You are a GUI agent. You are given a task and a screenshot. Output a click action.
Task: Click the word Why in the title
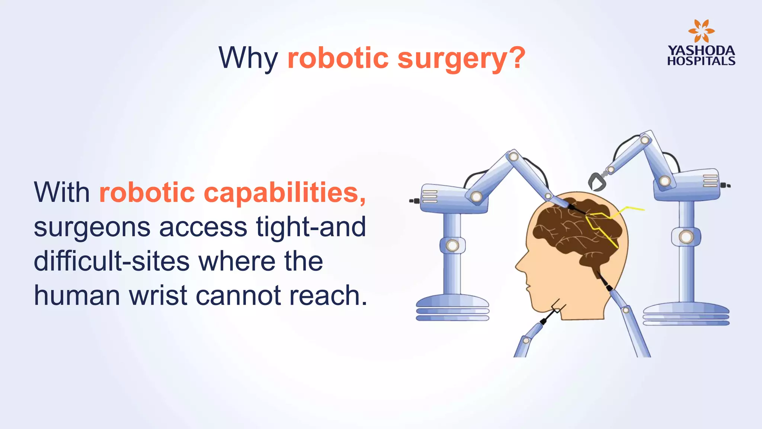click(248, 58)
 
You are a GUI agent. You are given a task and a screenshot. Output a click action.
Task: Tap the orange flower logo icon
click(701, 31)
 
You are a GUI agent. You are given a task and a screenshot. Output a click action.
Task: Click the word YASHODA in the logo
click(701, 50)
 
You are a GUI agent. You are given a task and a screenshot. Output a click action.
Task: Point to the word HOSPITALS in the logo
click(701, 61)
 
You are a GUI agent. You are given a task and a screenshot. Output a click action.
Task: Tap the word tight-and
click(311, 227)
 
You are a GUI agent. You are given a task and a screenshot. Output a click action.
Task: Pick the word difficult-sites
click(112, 261)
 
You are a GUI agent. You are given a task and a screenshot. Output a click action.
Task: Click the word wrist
click(158, 295)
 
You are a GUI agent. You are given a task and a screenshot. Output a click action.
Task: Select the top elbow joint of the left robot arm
click(513, 156)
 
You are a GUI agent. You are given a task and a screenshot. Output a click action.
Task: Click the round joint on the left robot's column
click(452, 245)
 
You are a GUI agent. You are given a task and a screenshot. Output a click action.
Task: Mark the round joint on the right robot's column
click(686, 237)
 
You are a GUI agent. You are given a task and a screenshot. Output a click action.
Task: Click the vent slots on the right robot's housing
click(710, 181)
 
